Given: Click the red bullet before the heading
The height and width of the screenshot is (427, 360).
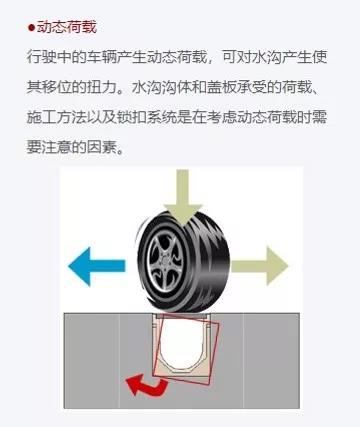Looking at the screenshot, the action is (x=31, y=27).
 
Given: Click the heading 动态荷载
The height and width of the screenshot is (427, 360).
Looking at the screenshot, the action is (x=67, y=27).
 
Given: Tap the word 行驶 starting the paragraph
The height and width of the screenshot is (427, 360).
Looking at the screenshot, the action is (x=42, y=57).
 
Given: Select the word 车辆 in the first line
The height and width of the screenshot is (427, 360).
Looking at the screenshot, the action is (x=102, y=57).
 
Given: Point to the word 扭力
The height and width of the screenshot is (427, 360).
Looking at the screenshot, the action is (x=102, y=87).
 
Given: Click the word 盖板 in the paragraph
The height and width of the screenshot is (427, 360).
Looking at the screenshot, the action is (x=222, y=87).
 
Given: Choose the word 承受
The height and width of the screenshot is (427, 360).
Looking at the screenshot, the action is (x=252, y=87).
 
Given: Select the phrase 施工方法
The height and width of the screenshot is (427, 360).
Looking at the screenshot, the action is (x=57, y=117).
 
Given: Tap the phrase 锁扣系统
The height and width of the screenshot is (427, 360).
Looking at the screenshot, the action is (x=147, y=117).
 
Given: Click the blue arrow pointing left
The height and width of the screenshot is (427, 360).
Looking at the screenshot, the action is (x=97, y=266).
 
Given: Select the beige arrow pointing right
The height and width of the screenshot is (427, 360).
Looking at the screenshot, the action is (x=259, y=266).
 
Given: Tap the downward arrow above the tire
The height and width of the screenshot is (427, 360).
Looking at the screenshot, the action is (x=183, y=196).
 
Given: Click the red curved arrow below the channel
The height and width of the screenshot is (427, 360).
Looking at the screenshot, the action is (x=147, y=385).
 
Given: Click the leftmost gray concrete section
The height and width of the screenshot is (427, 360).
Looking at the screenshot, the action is (x=92, y=361).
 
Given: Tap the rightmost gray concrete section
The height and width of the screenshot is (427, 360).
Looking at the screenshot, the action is (x=272, y=361).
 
